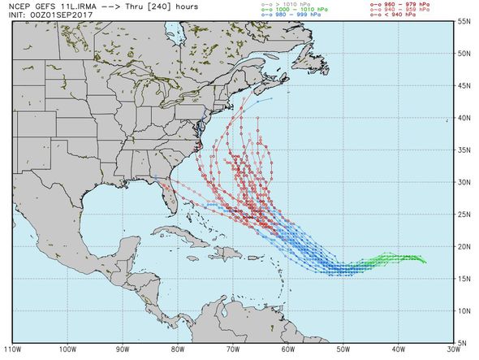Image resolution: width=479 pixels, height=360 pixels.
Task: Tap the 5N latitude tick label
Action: tap(465, 343)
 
